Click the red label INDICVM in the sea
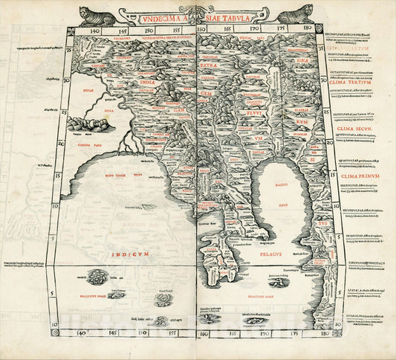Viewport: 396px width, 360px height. coord(130,254)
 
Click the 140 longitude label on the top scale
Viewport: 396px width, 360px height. coord(94,33)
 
